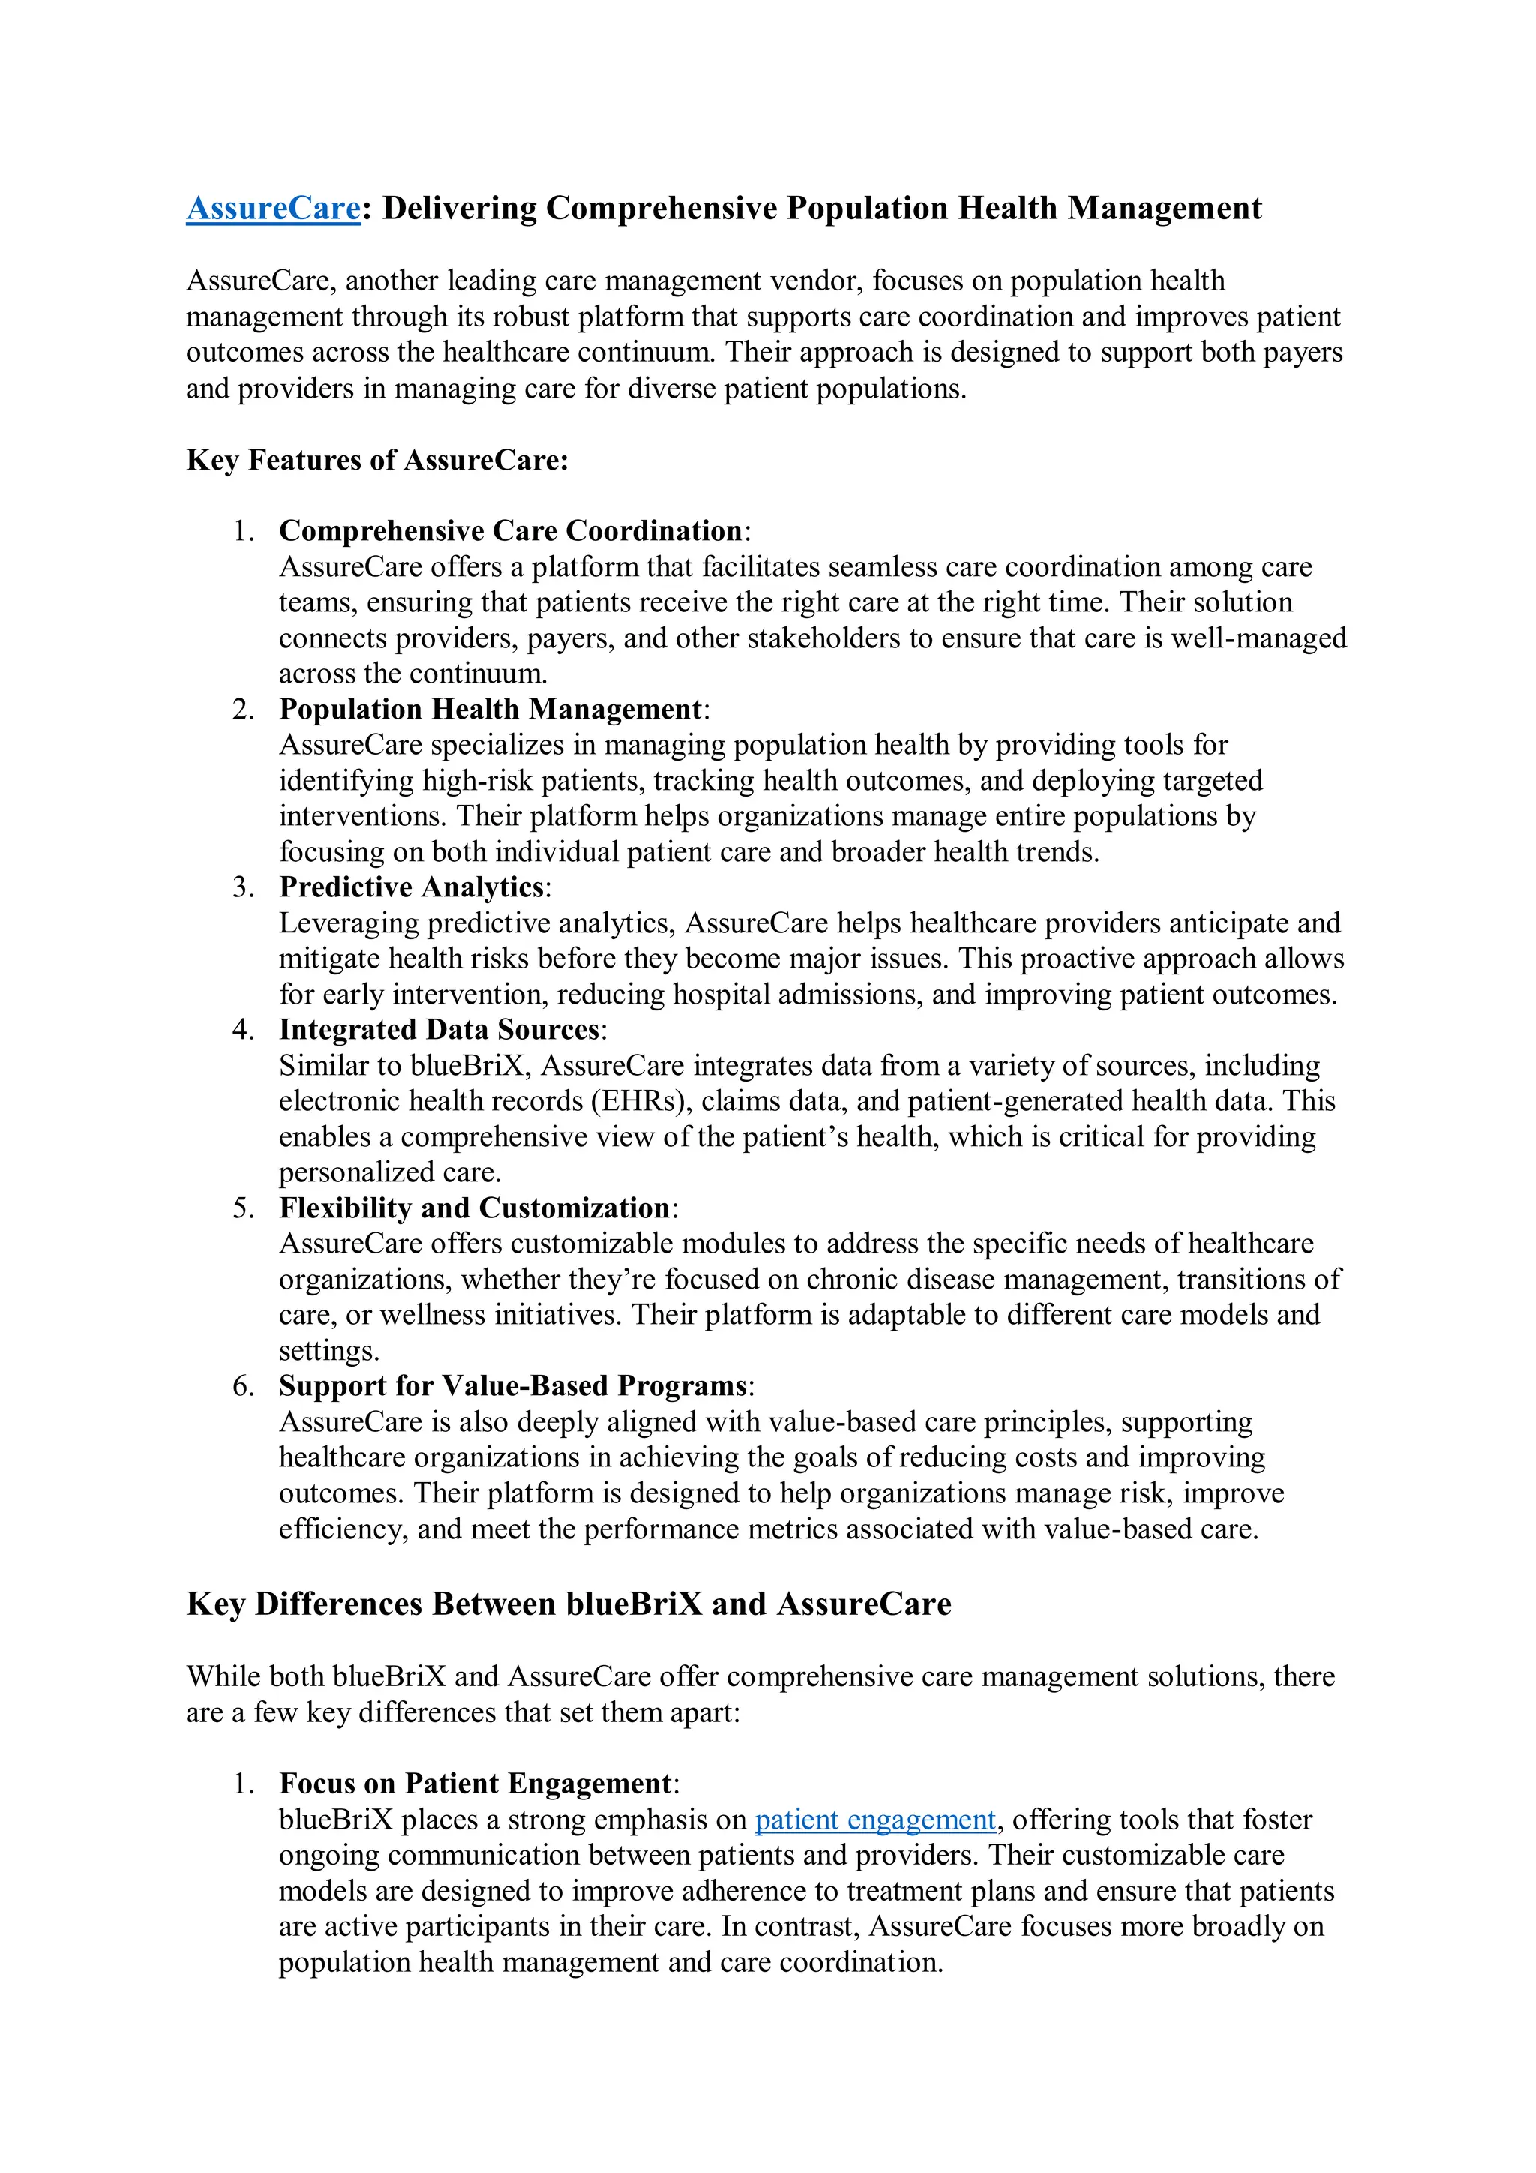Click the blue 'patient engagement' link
(x=874, y=1819)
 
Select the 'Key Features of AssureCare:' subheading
(x=376, y=460)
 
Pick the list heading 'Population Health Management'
(x=490, y=709)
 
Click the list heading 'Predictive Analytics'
(x=412, y=887)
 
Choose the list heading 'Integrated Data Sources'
(x=439, y=1030)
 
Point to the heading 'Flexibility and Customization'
(x=474, y=1208)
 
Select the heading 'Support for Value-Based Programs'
(x=513, y=1385)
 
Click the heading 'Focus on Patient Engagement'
(x=475, y=1783)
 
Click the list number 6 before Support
(x=242, y=1386)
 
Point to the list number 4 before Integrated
(x=242, y=1030)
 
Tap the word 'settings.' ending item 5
(x=328, y=1351)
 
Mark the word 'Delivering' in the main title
(x=459, y=209)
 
